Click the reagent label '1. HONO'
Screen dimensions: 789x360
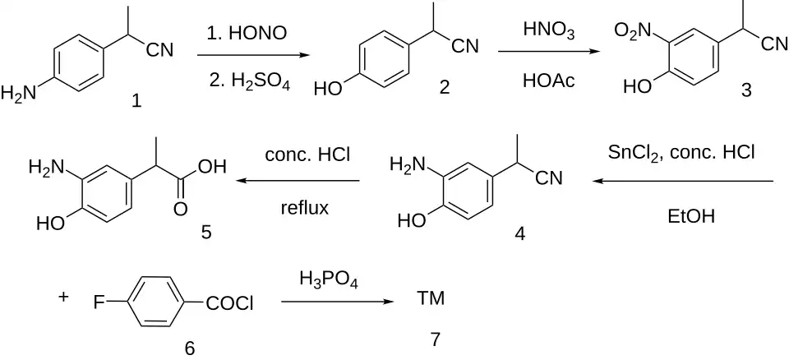pyautogui.click(x=247, y=33)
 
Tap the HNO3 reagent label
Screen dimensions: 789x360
pyautogui.click(x=548, y=30)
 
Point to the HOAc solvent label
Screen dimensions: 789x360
pyautogui.click(x=548, y=81)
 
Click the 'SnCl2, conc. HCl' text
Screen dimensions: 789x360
pyautogui.click(x=681, y=153)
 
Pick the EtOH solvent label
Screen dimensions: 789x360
pyautogui.click(x=690, y=216)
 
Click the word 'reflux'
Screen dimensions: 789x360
pyautogui.click(x=304, y=207)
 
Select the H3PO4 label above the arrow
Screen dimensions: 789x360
pyautogui.click(x=328, y=279)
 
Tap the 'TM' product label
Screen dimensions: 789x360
pyautogui.click(x=431, y=299)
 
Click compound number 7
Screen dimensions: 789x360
pyautogui.click(x=435, y=339)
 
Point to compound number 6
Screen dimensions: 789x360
pyautogui.click(x=190, y=348)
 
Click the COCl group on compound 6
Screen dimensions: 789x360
pyautogui.click(x=229, y=303)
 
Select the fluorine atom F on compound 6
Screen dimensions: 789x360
pyautogui.click(x=99, y=303)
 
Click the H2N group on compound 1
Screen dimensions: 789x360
pyautogui.click(x=19, y=93)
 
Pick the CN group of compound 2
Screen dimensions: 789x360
pyautogui.click(x=465, y=47)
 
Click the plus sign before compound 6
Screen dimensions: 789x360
pyautogui.click(x=63, y=297)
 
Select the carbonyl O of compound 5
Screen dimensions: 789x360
pyautogui.click(x=180, y=209)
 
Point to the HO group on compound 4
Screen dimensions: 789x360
pyautogui.click(x=412, y=220)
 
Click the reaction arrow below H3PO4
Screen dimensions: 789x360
pyautogui.click(x=337, y=302)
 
